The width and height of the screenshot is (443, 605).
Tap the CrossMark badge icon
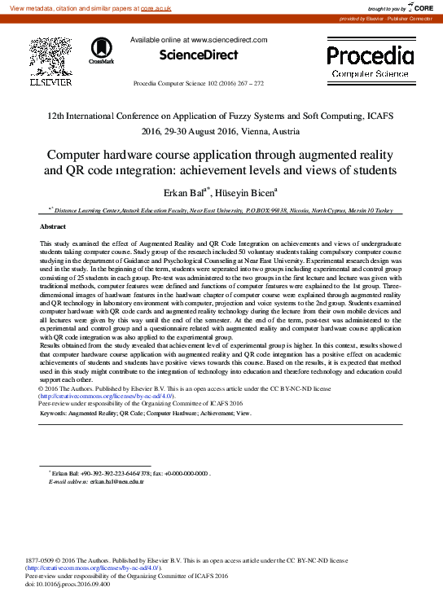pyautogui.click(x=102, y=50)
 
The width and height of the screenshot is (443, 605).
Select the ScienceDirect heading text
pyautogui.click(x=199, y=55)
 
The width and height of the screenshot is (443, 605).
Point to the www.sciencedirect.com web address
pyautogui.click(x=228, y=39)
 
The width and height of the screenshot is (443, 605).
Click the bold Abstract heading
pyautogui.click(x=53, y=226)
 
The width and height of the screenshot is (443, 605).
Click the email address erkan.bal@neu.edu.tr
pyautogui.click(x=116, y=482)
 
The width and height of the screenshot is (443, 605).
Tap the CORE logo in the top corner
pyautogui.click(x=418, y=7)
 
